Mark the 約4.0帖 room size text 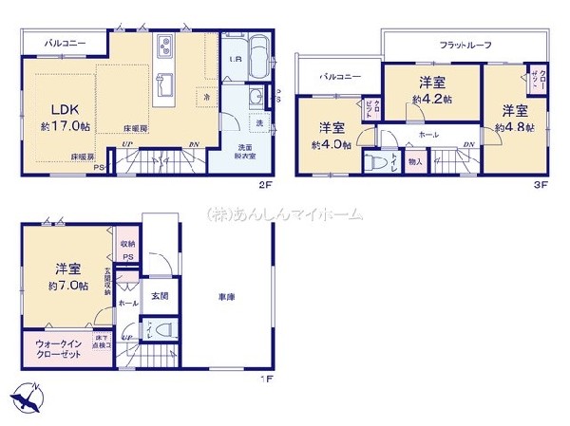[x=332, y=145]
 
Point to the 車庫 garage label [x=225, y=299]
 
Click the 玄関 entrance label [x=160, y=297]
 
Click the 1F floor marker [x=266, y=380]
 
